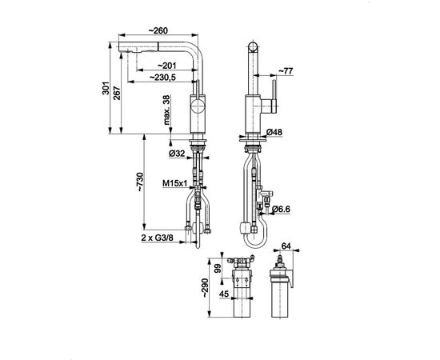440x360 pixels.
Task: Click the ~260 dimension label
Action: pyautogui.click(x=158, y=30)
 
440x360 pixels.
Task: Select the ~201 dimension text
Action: pyautogui.click(x=167, y=66)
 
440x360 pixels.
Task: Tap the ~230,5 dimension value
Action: pyautogui.click(x=162, y=77)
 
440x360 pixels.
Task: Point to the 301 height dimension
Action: pyautogui.click(x=106, y=88)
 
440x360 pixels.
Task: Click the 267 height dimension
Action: pyautogui.click(x=117, y=94)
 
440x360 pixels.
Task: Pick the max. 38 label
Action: pyautogui.click(x=167, y=110)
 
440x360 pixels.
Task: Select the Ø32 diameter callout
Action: pyautogui.click(x=177, y=154)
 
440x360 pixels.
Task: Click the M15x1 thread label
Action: pyautogui.click(x=175, y=183)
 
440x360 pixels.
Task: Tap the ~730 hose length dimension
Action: pyautogui.click(x=140, y=182)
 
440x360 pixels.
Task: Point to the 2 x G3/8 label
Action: pyautogui.click(x=158, y=238)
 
